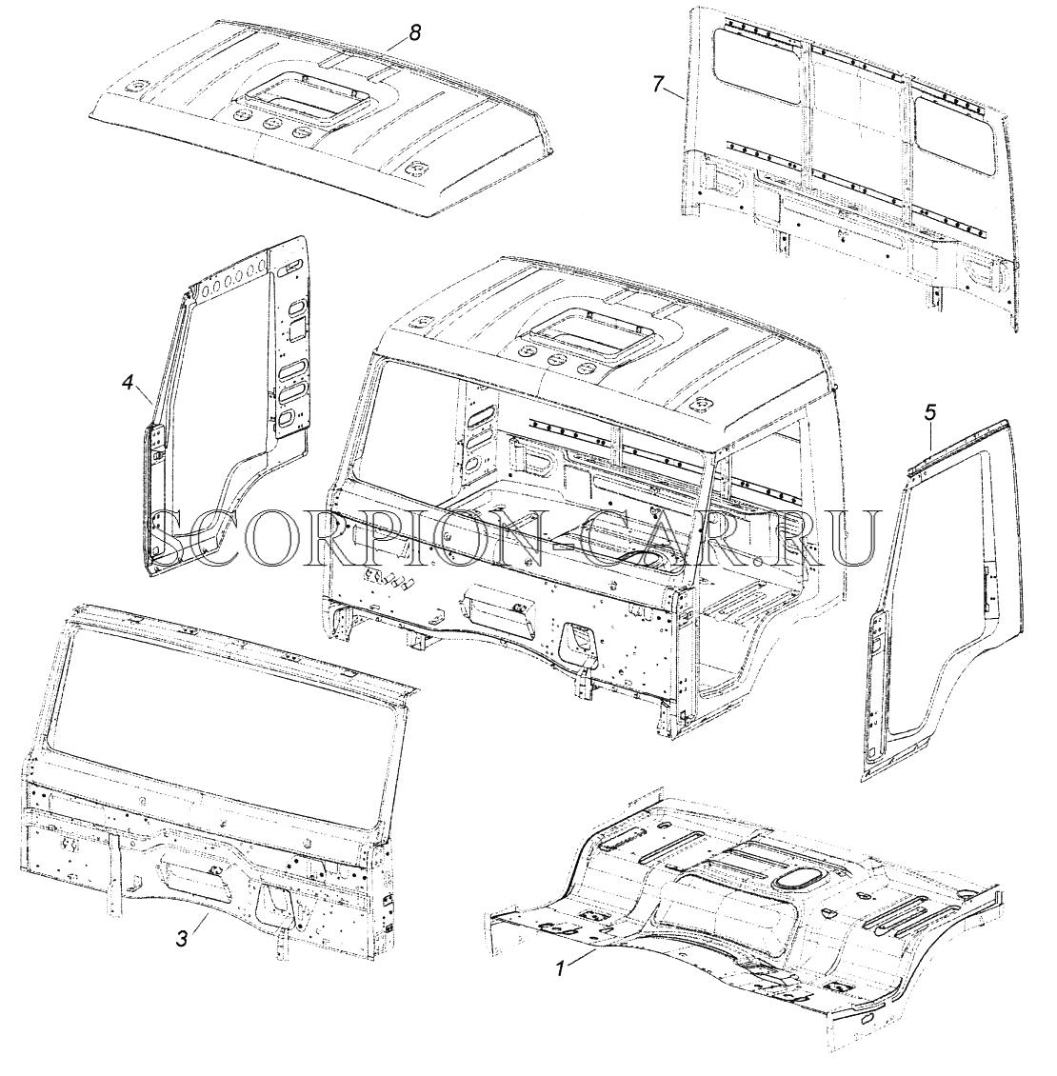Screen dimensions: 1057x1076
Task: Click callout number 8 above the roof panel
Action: (x=414, y=33)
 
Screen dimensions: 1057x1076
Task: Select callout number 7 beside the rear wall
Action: (x=658, y=85)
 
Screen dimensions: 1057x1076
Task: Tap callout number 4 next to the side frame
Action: (x=129, y=382)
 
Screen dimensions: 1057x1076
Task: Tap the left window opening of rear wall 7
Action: (x=758, y=65)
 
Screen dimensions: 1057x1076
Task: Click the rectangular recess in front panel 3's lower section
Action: (x=195, y=866)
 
